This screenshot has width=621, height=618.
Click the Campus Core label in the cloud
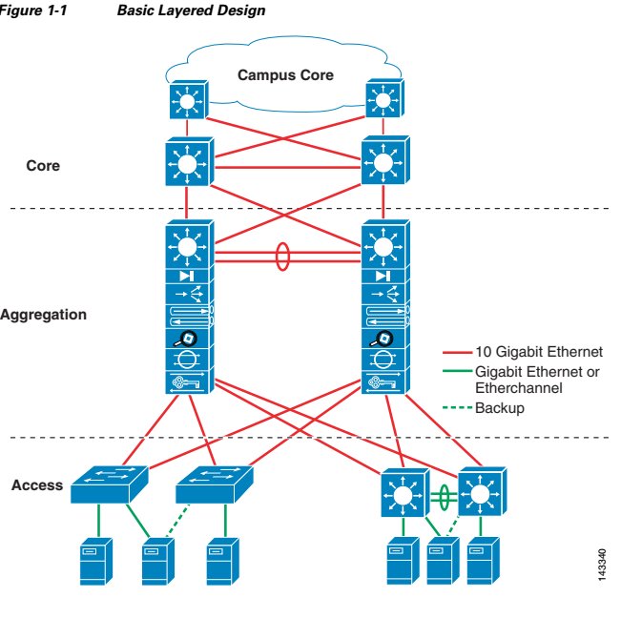coord(285,74)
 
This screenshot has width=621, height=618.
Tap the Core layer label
coord(43,165)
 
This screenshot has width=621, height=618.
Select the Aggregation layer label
coord(42,314)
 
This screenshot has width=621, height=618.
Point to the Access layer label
coord(37,485)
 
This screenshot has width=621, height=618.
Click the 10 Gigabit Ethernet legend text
coord(539,353)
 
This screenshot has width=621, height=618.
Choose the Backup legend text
coord(500,408)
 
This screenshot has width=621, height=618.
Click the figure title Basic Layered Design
coord(191,10)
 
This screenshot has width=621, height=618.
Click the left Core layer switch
coord(188,164)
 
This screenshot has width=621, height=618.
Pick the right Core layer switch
coord(383,164)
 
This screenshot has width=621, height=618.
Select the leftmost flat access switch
coord(109,484)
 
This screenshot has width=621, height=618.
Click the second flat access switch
coord(213,484)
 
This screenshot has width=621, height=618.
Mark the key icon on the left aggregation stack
coord(188,383)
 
